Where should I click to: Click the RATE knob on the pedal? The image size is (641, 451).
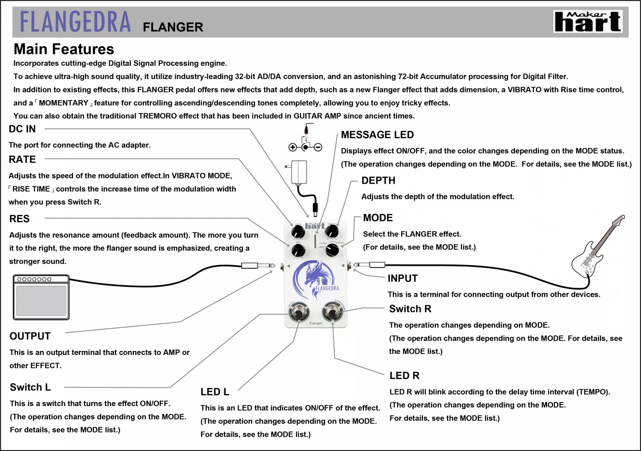point(298,231)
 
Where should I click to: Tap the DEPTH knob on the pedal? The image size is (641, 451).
point(332,231)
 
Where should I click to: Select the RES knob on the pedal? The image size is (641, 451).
point(298,250)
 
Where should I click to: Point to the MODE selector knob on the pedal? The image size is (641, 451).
point(332,250)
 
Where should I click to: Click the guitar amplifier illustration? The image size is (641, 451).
point(41,297)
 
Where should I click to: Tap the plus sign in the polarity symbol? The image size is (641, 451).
point(292,147)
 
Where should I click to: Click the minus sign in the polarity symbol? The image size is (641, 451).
point(318,147)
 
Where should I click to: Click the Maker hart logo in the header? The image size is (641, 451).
point(588,22)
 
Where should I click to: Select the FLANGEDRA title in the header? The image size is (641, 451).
point(76,22)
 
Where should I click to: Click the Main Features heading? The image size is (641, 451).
point(64,49)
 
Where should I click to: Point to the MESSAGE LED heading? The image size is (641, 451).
point(377,135)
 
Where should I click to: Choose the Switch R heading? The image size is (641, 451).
point(410,309)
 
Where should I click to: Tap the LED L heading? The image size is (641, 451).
point(215,392)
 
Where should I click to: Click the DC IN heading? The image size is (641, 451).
point(22,129)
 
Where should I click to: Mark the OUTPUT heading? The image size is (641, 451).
point(30,336)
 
